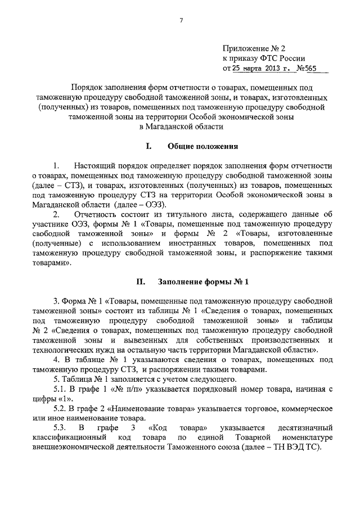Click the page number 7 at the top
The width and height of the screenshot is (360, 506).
tap(182, 21)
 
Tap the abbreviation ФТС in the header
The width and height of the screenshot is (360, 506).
tap(268, 59)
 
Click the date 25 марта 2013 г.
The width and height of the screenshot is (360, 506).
tap(260, 69)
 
